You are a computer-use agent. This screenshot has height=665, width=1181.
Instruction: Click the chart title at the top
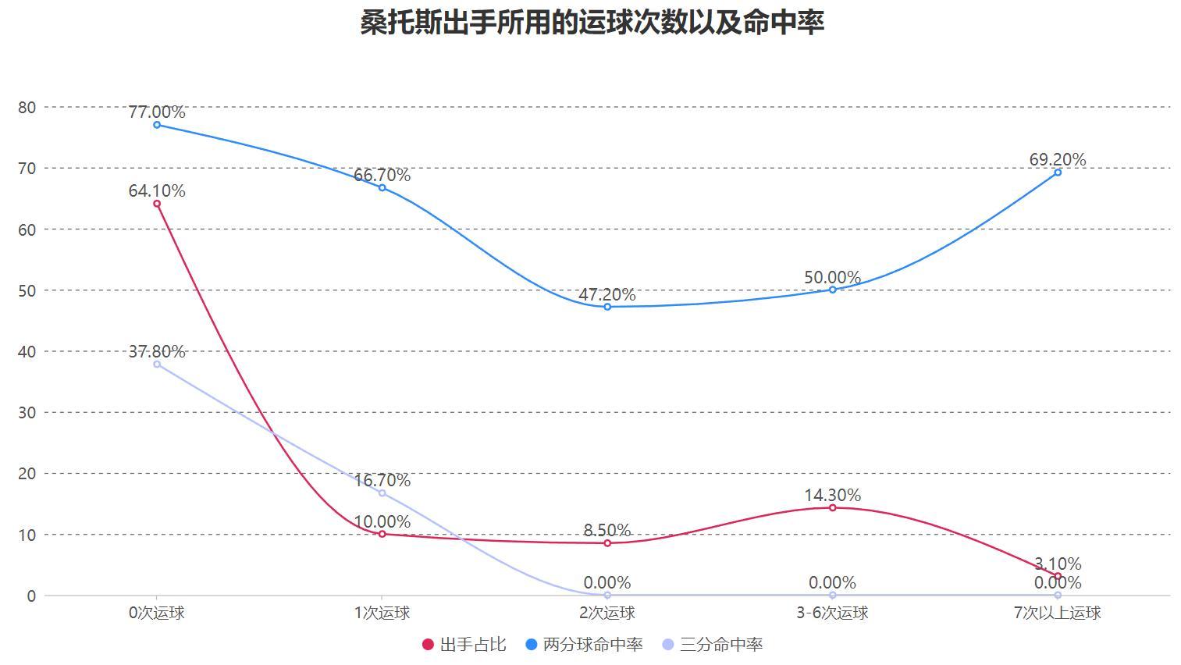(x=592, y=23)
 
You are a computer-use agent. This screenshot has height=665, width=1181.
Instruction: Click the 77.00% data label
(x=157, y=112)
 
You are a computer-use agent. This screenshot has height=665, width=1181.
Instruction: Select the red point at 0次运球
(x=157, y=204)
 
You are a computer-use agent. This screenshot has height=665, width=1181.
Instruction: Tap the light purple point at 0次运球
(x=157, y=365)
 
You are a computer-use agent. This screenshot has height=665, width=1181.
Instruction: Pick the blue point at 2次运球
(x=607, y=307)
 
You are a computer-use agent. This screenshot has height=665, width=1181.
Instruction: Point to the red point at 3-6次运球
(x=832, y=508)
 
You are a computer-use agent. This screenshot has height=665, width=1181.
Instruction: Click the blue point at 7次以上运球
(x=1058, y=172)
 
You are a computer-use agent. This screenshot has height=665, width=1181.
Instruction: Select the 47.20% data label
(x=607, y=294)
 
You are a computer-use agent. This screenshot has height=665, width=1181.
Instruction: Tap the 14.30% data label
(x=832, y=495)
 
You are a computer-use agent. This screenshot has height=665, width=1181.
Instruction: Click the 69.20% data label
(x=1057, y=159)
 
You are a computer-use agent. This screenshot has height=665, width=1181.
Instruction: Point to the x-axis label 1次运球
(x=382, y=613)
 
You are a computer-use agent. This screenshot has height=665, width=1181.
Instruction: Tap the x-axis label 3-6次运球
(x=832, y=613)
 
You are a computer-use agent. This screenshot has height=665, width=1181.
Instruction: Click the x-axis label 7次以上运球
(x=1057, y=613)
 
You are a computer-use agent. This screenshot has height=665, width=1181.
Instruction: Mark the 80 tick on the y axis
(x=27, y=107)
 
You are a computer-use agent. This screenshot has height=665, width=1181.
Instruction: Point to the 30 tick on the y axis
(x=27, y=412)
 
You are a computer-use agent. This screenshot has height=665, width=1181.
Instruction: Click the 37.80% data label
(x=157, y=351)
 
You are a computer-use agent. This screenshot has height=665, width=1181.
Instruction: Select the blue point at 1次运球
(x=382, y=187)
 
